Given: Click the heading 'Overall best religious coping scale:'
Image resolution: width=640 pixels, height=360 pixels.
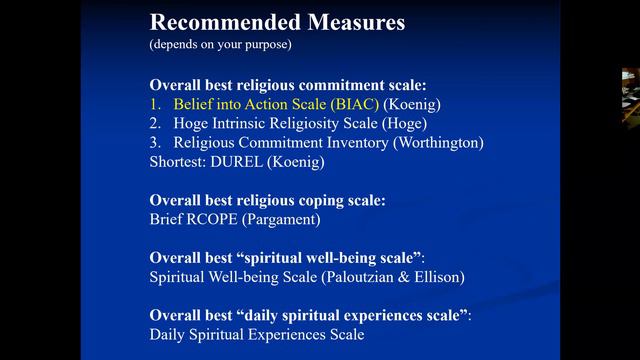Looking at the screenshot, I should pyautogui.click(x=267, y=201).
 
